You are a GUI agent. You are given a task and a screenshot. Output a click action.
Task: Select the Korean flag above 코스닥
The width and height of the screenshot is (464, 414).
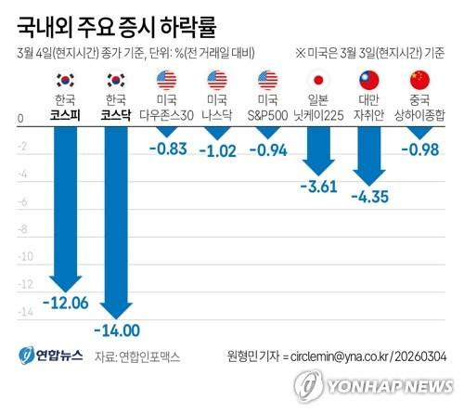click(x=117, y=79)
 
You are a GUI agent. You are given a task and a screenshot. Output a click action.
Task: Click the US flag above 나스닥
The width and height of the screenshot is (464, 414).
click(x=219, y=79)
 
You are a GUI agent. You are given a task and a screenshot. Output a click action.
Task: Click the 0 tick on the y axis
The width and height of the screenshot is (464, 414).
click(x=20, y=120)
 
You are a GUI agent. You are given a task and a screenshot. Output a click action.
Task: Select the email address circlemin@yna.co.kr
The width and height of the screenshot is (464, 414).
click(x=343, y=356)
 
